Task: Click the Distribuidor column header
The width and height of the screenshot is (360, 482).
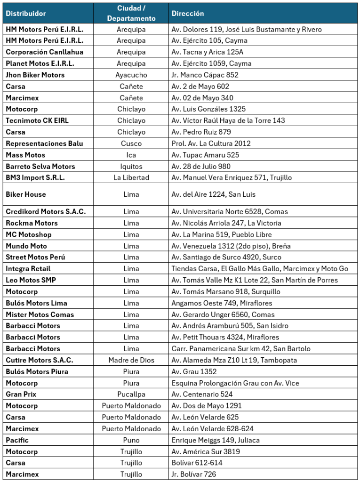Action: pyautogui.click(x=26, y=14)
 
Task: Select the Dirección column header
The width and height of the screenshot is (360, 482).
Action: pyautogui.click(x=188, y=14)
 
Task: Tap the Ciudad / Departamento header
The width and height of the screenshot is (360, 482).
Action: pyautogui.click(x=131, y=14)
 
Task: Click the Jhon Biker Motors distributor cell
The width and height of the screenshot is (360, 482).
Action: pyautogui.click(x=35, y=75)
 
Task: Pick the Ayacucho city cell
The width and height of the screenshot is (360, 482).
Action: pyautogui.click(x=131, y=75)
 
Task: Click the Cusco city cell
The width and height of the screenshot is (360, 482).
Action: pyautogui.click(x=131, y=143)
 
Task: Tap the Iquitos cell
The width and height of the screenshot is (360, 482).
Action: pyautogui.click(x=131, y=166)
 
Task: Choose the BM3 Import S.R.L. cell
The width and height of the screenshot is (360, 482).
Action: pyautogui.click(x=35, y=177)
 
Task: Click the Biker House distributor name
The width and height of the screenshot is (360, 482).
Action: pyautogui.click(x=26, y=194)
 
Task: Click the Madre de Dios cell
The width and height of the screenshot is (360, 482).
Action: pyautogui.click(x=131, y=360)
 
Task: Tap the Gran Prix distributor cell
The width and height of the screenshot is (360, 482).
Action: pyautogui.click(x=21, y=394)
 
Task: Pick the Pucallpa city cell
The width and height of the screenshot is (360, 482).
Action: pyautogui.click(x=131, y=394)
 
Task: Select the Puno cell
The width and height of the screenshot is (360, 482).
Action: pyautogui.click(x=131, y=440)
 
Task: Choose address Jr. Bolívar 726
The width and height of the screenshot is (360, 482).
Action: pyautogui.click(x=194, y=474)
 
